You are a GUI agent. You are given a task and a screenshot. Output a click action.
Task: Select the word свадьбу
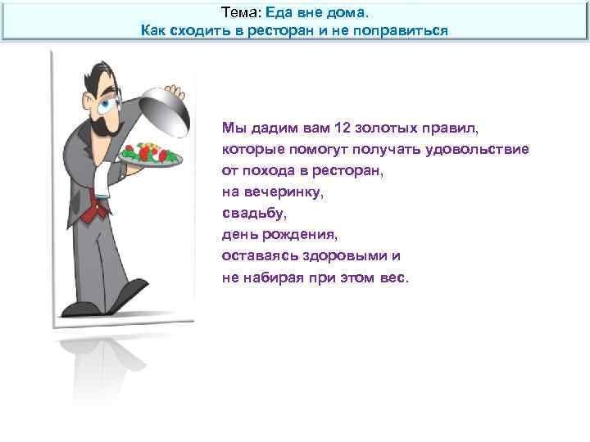[x=252, y=214]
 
